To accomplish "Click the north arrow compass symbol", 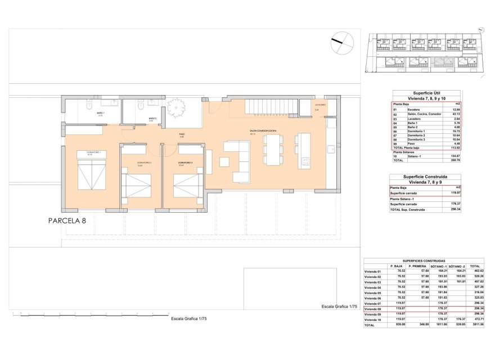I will point(342,42).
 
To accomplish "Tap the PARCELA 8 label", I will point(67,221).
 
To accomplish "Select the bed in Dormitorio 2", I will point(136,185).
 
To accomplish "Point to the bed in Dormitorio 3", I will point(188,185).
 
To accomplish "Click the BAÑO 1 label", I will point(101,114).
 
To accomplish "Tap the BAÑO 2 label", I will point(151,119).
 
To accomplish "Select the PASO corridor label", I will point(182,135).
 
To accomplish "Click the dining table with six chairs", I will point(274,148).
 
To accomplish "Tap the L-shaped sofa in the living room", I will point(239,161).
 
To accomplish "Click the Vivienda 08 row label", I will point(373,309).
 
